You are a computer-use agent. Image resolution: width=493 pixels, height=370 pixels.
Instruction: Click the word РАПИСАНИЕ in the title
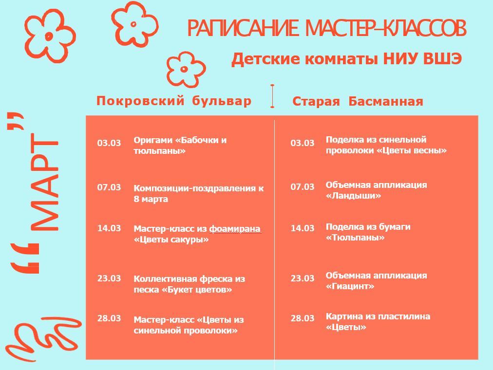(243, 28)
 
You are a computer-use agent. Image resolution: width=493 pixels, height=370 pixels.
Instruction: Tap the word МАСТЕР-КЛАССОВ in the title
(386, 28)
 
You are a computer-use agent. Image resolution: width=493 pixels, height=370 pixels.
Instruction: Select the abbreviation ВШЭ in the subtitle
(442, 59)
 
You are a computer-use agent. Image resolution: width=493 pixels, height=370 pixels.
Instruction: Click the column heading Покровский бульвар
(174, 101)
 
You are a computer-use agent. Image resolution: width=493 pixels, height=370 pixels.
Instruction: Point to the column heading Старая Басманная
(358, 101)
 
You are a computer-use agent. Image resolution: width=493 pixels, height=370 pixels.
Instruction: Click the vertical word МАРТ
(45, 182)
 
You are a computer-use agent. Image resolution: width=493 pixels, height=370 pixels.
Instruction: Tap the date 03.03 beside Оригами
(109, 143)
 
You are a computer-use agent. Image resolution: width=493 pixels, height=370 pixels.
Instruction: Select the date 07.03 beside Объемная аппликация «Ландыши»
(303, 187)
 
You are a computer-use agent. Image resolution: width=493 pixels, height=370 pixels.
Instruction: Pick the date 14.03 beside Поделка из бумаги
(303, 228)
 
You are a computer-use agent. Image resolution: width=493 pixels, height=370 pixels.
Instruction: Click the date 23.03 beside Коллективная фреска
(109, 278)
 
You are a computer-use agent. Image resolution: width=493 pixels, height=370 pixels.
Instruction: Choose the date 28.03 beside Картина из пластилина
(303, 318)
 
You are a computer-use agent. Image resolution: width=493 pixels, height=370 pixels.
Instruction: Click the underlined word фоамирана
(235, 229)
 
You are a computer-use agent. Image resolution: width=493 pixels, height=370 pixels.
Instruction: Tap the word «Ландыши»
(353, 196)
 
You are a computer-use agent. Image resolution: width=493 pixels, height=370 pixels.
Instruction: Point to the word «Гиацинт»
(350, 286)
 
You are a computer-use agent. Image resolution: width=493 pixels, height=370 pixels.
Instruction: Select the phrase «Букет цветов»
(197, 290)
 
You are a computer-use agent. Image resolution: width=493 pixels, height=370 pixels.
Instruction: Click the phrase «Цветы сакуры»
(171, 240)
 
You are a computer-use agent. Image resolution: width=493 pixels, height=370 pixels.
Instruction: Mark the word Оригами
(153, 140)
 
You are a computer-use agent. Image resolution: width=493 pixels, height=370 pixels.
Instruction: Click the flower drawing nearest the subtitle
(186, 70)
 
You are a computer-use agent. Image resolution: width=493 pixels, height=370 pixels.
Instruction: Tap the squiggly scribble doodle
(43, 338)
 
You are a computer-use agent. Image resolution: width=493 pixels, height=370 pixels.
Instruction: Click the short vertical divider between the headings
(272, 96)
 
